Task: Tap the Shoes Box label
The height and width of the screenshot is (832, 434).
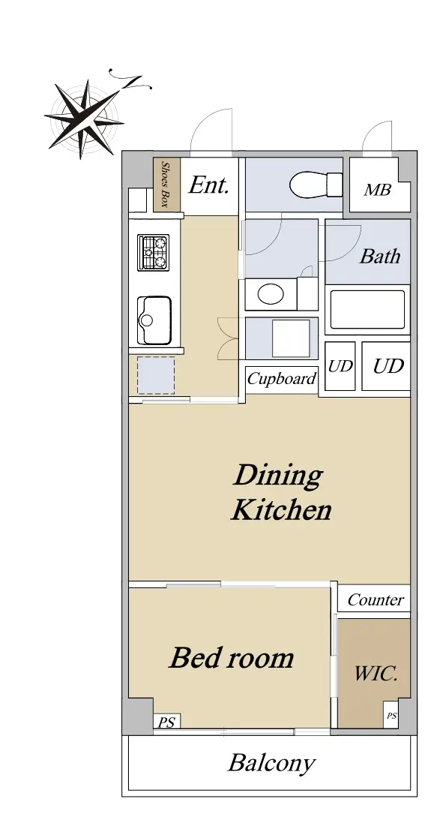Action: [x=166, y=184]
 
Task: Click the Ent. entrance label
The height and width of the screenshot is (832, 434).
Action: [x=209, y=185]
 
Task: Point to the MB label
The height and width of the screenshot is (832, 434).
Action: [x=377, y=189]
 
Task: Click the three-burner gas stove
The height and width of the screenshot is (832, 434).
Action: [x=153, y=253]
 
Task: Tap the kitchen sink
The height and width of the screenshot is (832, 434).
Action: [x=154, y=320]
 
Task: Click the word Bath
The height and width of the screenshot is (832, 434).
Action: [x=380, y=257]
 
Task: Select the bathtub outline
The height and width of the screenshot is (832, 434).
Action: [x=367, y=309]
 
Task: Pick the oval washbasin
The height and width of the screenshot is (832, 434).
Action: [x=271, y=293]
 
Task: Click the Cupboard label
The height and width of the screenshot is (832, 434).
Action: [x=281, y=378]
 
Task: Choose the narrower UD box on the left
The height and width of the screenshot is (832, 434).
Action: [x=340, y=366]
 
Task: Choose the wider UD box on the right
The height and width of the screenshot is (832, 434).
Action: [x=386, y=366]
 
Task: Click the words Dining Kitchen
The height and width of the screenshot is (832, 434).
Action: [x=280, y=492]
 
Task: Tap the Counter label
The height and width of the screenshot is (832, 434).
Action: [x=376, y=599]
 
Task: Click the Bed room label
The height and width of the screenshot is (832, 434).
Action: [x=232, y=657]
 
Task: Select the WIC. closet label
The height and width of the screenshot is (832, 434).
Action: [x=376, y=674]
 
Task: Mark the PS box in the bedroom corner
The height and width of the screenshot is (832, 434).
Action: [x=167, y=722]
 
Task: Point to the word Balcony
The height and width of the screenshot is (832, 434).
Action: [x=271, y=764]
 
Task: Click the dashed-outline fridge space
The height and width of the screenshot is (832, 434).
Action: [x=156, y=375]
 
